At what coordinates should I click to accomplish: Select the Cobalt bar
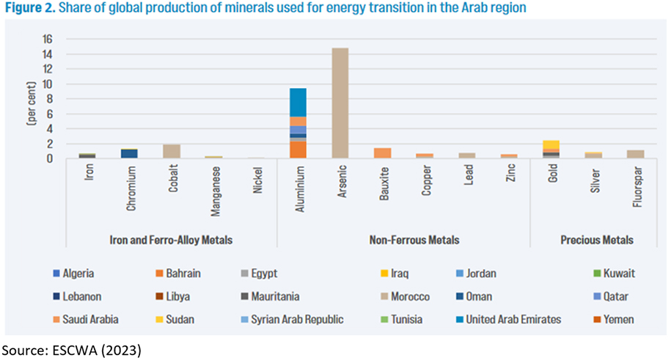pyautogui.click(x=172, y=151)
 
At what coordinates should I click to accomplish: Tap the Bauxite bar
pyautogui.click(x=383, y=153)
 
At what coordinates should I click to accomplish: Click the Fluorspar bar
pyautogui.click(x=635, y=155)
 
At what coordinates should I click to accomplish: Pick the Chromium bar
pyautogui.click(x=129, y=154)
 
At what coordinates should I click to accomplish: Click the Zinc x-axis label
pyautogui.click(x=509, y=177)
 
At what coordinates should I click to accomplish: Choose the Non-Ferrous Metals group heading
pyautogui.click(x=403, y=240)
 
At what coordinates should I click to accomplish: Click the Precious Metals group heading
pyautogui.click(x=593, y=240)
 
